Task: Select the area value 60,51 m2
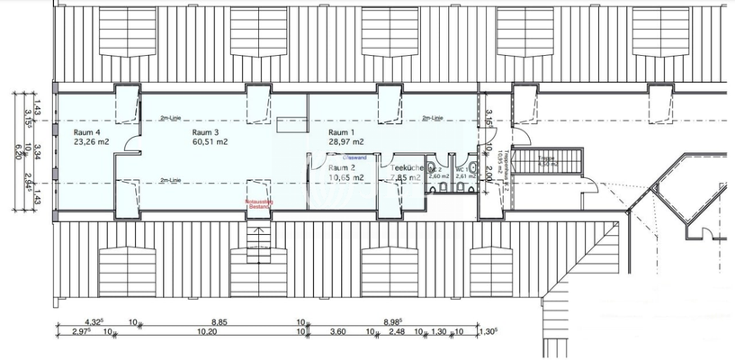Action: [x=210, y=141]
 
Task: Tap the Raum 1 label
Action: [x=343, y=131]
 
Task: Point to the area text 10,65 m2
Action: [x=345, y=177]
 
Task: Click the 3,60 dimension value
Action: [x=339, y=331]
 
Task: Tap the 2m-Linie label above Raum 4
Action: [x=168, y=118]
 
